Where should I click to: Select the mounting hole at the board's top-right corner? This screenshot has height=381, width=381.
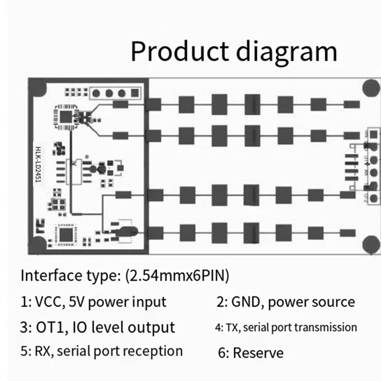(x=370, y=88)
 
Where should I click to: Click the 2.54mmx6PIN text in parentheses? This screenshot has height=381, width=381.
(x=176, y=276)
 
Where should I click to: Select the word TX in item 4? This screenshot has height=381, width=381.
(x=231, y=328)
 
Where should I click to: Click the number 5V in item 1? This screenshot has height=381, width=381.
(x=78, y=302)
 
